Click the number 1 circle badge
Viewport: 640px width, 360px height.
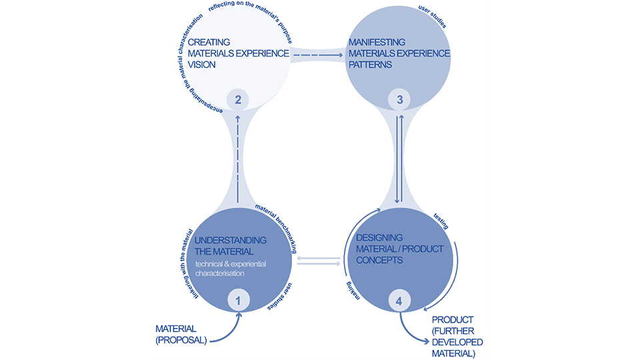238,301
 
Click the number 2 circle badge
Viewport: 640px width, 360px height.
238,101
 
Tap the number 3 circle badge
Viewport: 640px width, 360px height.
399,101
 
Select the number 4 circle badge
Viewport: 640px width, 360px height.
399,301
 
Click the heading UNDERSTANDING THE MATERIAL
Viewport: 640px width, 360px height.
231,245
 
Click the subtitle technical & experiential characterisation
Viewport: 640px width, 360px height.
230,269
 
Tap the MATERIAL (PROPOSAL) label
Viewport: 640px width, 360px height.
176,333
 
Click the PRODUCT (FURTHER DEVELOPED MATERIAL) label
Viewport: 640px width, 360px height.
457,336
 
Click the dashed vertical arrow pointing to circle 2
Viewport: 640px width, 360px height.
238,157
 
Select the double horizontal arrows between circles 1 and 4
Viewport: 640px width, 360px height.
317,260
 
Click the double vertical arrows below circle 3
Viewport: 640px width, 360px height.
399,160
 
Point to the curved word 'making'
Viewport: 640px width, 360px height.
353,290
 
